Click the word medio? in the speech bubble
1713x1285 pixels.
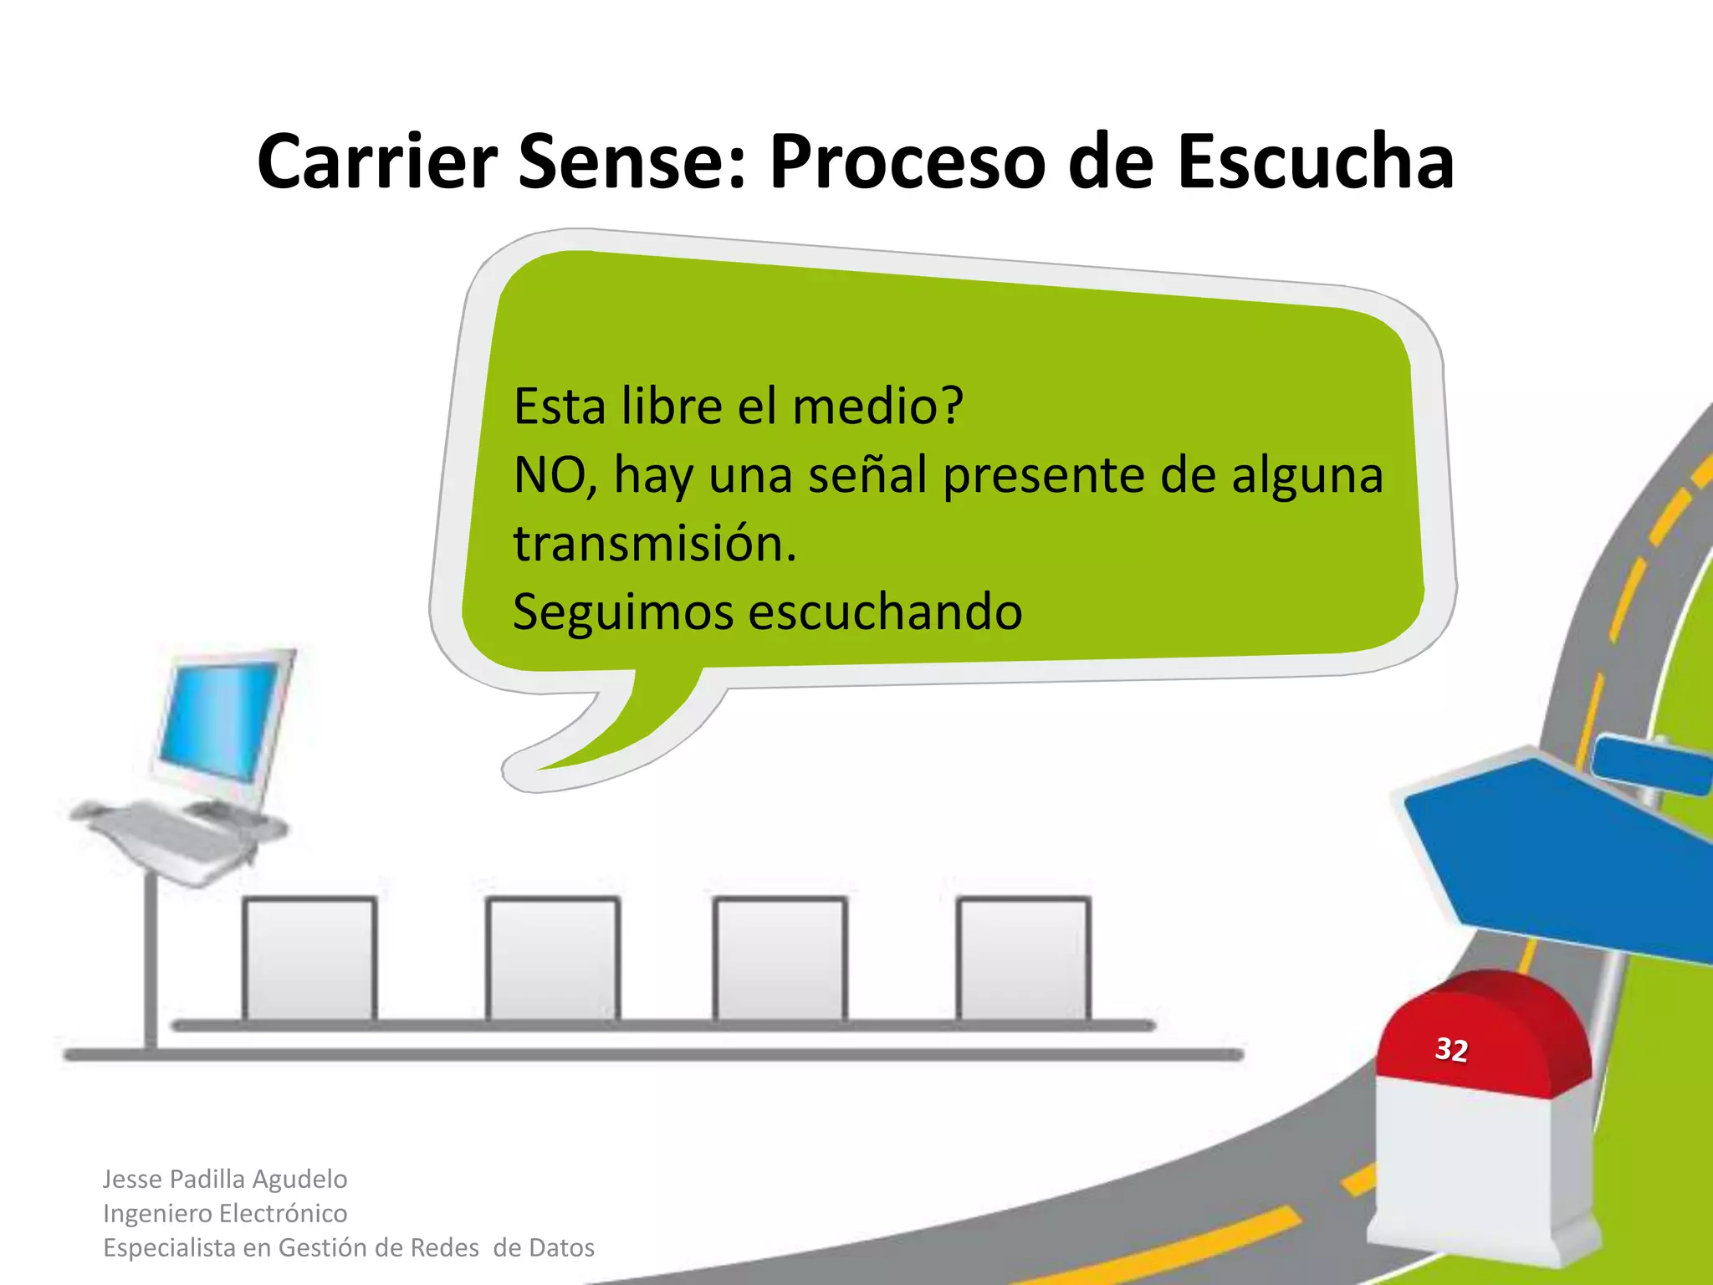(x=877, y=407)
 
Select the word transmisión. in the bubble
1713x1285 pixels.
(x=655, y=544)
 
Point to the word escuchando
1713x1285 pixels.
(x=885, y=612)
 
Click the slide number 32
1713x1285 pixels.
(x=1451, y=1049)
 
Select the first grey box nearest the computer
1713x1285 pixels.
(x=309, y=959)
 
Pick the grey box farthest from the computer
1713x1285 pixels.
(x=1024, y=959)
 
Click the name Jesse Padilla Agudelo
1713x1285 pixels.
(x=225, y=1179)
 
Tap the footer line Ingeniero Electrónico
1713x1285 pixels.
(x=225, y=1213)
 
